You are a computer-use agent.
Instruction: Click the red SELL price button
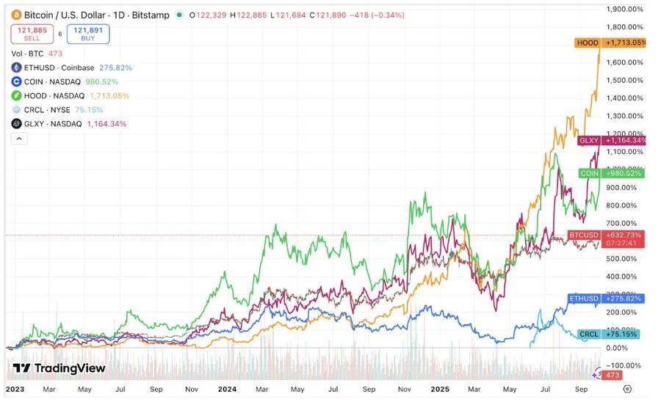pyautogui.click(x=32, y=34)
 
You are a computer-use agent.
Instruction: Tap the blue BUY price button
pyautogui.click(x=88, y=34)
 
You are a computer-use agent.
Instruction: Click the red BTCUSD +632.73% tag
pyautogui.click(x=607, y=235)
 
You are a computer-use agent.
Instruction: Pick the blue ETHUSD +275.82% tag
pyautogui.click(x=607, y=299)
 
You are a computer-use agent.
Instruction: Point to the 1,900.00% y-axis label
pyautogui.click(x=624, y=9)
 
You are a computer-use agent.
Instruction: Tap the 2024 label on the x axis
pyautogui.click(x=227, y=389)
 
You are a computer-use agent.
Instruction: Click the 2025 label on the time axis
pyautogui.click(x=440, y=389)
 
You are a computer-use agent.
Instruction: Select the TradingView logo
pyautogui.click(x=59, y=368)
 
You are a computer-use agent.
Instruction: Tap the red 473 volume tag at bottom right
pyautogui.click(x=613, y=375)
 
